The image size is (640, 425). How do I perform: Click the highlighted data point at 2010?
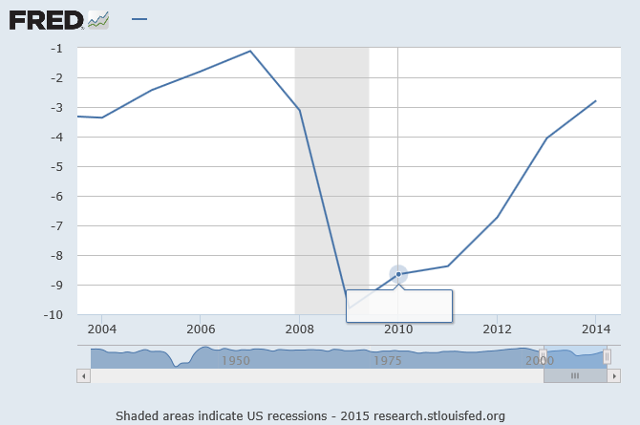coord(398,274)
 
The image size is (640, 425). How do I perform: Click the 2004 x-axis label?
coord(101,329)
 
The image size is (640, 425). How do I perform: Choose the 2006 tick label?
coord(200,329)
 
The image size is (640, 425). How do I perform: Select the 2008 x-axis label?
coord(299,329)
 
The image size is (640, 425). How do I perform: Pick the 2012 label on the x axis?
coord(497,329)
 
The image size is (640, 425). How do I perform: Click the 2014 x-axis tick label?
coord(595,329)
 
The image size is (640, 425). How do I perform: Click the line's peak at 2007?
coord(250,51)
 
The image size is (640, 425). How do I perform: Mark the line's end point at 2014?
coord(595,101)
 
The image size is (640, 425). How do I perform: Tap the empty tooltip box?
coord(398,306)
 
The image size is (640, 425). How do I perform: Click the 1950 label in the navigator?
coord(236,361)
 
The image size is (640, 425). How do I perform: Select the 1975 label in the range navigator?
coord(388,361)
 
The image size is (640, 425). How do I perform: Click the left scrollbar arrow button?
coord(83,376)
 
